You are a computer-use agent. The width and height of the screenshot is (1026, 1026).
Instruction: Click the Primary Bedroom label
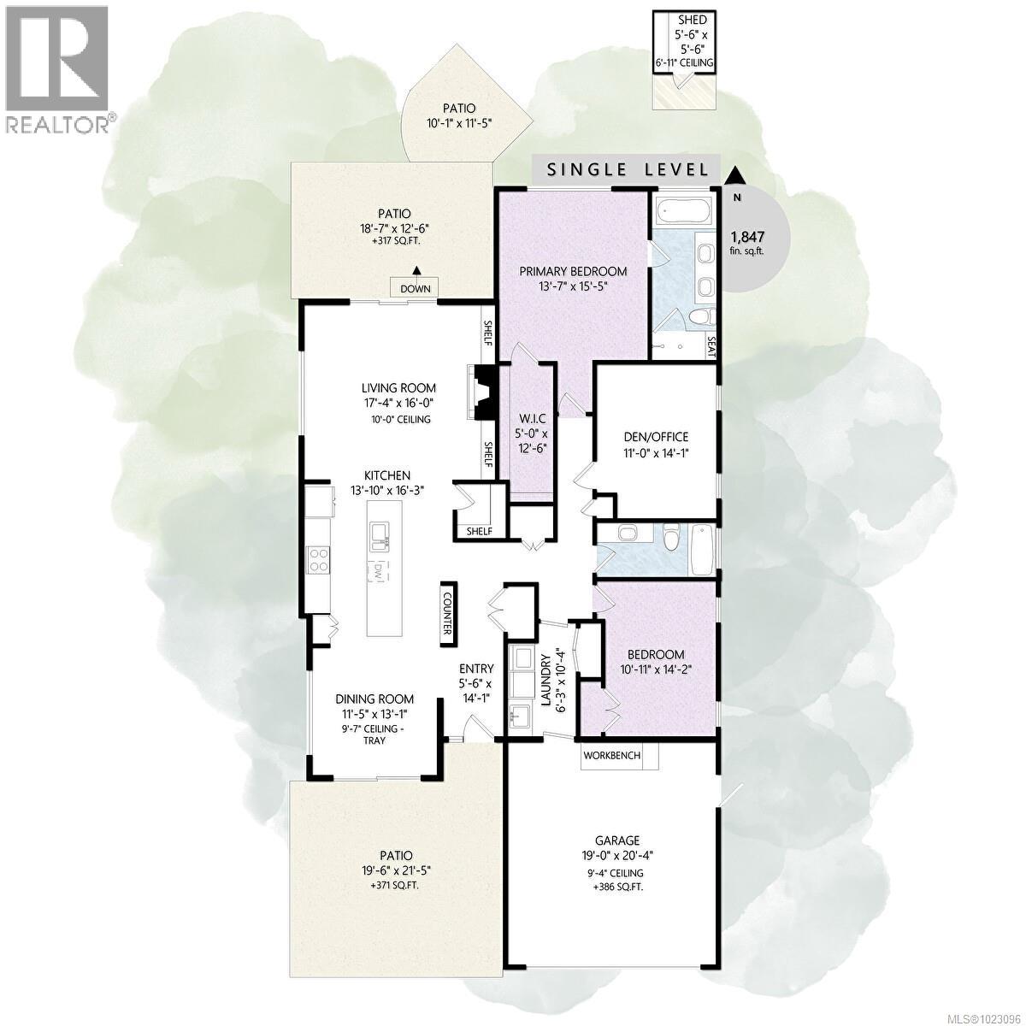pos(573,271)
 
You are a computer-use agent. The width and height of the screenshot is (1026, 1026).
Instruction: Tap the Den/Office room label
pos(656,437)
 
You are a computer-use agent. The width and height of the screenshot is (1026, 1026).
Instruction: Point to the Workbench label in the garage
pos(611,755)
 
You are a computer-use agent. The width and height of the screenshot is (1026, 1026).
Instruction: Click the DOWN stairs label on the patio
pos(416,289)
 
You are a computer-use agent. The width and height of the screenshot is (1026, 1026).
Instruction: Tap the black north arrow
pos(734,174)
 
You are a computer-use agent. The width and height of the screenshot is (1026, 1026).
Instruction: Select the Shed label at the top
pos(693,21)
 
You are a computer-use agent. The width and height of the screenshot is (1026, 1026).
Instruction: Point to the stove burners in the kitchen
pos(319,560)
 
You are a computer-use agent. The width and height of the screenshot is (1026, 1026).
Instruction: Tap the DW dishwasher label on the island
pos(379,571)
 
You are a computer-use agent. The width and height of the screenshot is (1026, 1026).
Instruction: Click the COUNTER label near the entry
pos(448,615)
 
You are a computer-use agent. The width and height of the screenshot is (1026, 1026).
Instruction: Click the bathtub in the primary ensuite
pos(681,210)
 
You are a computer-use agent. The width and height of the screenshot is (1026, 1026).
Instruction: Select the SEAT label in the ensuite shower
pos(712,346)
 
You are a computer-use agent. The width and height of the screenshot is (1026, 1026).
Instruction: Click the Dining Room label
pos(374,699)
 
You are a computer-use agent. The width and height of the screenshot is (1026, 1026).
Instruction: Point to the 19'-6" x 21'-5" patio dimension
pos(396,870)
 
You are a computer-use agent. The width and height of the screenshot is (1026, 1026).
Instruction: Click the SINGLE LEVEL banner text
pos(628,170)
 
